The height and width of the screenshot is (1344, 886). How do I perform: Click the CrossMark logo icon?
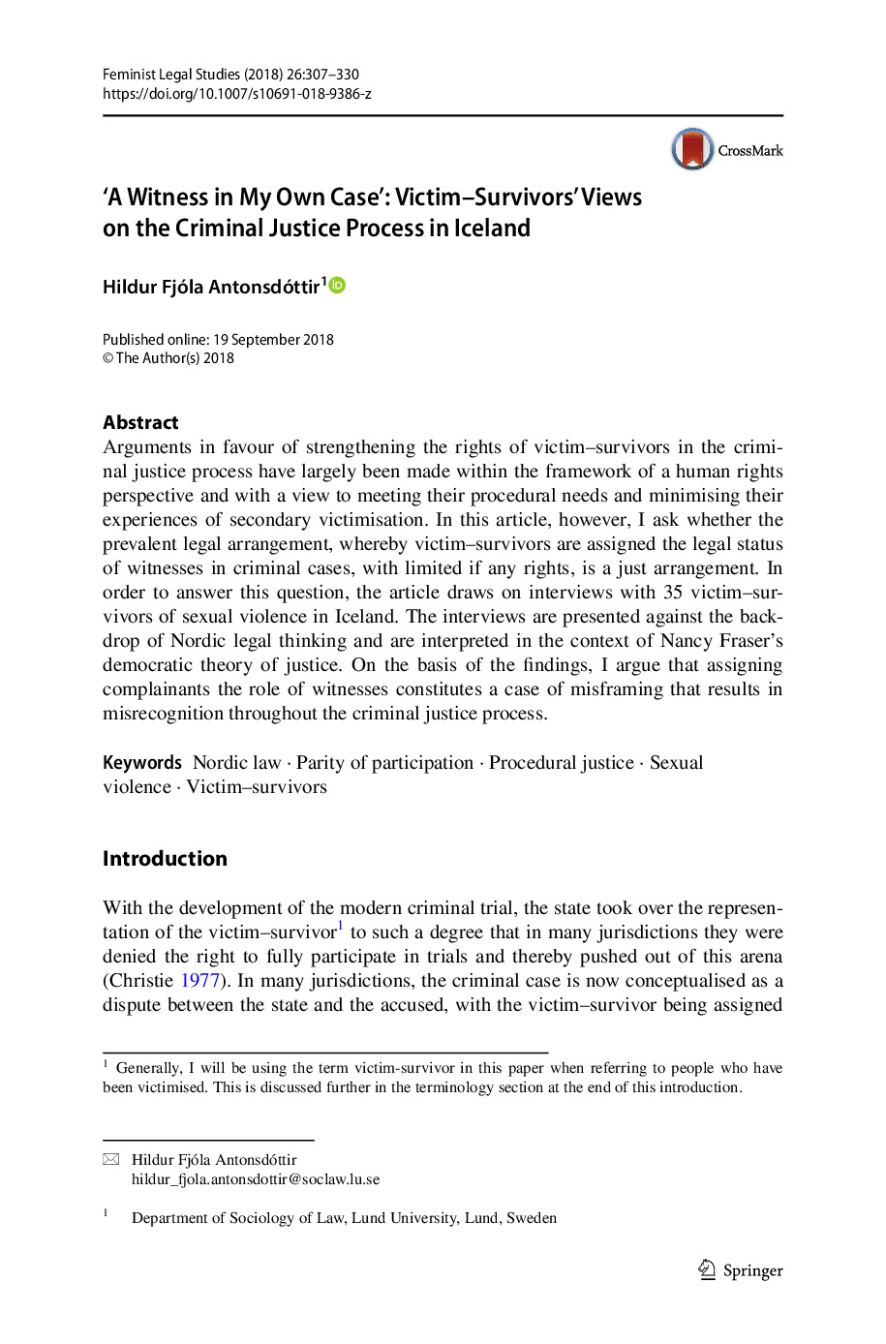[x=693, y=150]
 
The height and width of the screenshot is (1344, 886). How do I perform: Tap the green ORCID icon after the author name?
[x=338, y=285]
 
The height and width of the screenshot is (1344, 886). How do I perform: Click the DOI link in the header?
[x=237, y=94]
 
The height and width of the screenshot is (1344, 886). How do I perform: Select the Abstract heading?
[x=140, y=422]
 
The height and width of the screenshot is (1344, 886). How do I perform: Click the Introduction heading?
[x=165, y=859]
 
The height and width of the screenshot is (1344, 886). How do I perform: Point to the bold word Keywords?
[x=142, y=763]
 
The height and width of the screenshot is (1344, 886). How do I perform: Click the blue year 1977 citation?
[x=200, y=981]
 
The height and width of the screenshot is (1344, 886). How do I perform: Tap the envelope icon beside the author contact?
[x=111, y=1160]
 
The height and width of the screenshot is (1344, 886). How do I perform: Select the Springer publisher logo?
[x=741, y=1270]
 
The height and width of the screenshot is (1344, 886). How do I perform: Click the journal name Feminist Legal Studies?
[x=171, y=75]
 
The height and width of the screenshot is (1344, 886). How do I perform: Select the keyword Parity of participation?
[x=384, y=763]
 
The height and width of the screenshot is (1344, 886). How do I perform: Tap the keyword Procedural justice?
[x=562, y=763]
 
